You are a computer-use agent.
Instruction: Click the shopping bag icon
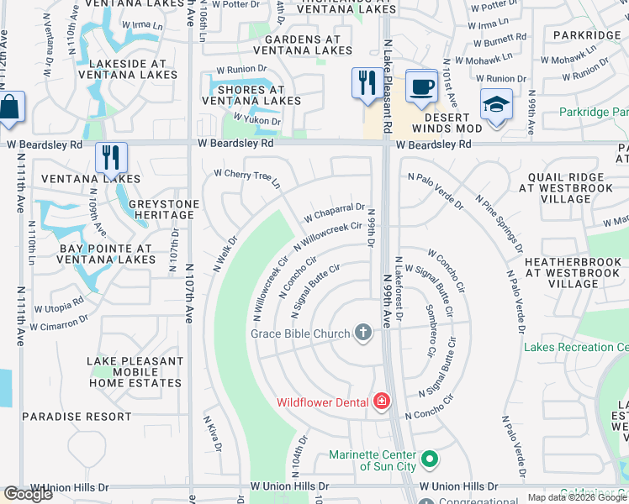9,108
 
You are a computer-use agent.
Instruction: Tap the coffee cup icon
420,86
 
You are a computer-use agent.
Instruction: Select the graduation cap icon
495,106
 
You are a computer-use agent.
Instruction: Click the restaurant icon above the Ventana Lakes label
111,158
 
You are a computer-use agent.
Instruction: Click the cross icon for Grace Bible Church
363,333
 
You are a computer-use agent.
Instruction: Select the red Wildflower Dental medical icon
381,402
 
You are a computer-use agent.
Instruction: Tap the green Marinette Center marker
430,459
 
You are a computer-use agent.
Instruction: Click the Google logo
28,494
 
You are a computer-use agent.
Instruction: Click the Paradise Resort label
77,417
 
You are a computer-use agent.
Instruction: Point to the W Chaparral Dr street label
334,212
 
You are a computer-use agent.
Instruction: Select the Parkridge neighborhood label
585,35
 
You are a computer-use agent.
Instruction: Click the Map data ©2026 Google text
576,497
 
